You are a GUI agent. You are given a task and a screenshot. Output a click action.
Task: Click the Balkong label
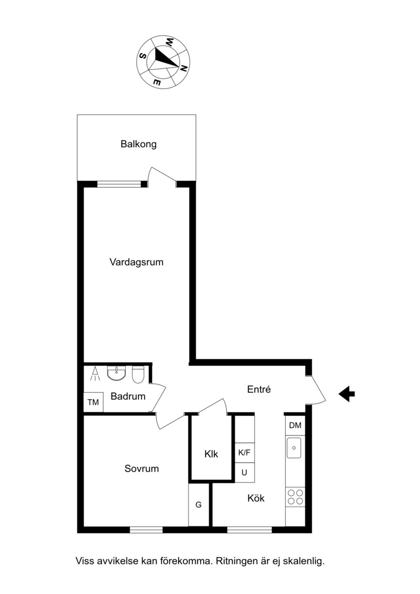(x=139, y=144)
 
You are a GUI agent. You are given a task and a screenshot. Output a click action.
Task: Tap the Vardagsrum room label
(x=136, y=262)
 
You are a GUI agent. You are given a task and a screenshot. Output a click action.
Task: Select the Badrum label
(x=128, y=397)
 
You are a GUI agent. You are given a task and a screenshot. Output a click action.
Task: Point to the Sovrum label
(x=142, y=469)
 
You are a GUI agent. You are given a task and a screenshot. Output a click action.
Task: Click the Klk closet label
(x=211, y=454)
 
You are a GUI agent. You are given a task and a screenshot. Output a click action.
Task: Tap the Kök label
(x=256, y=498)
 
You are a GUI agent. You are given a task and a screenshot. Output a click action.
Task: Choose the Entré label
(x=259, y=389)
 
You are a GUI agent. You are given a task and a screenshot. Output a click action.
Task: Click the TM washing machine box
(x=93, y=402)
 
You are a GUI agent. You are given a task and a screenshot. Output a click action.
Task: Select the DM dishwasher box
(x=295, y=425)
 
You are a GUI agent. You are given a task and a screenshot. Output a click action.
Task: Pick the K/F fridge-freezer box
(x=244, y=453)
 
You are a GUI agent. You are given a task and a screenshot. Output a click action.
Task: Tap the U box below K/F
(x=244, y=473)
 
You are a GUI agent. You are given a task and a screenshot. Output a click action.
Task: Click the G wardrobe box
(x=198, y=504)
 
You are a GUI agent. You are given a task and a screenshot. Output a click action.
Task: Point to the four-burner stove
(x=295, y=497)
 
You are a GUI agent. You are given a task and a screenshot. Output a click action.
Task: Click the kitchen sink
(x=294, y=448)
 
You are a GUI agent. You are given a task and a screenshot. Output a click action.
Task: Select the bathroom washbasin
(x=116, y=373)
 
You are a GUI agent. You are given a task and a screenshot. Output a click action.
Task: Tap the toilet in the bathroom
(x=137, y=374)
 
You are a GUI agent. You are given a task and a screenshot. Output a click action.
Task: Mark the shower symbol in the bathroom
(x=95, y=374)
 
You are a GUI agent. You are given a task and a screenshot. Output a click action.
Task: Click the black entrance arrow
(x=346, y=394)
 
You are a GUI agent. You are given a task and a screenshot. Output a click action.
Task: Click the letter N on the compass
(x=184, y=69)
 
